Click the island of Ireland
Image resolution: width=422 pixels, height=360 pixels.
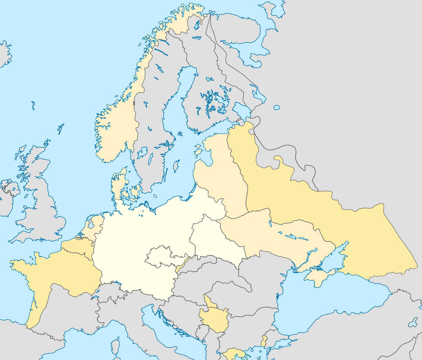(x=7, y=198)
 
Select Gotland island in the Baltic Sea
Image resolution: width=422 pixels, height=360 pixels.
(x=176, y=166)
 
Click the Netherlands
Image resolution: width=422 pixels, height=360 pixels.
(x=94, y=224)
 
